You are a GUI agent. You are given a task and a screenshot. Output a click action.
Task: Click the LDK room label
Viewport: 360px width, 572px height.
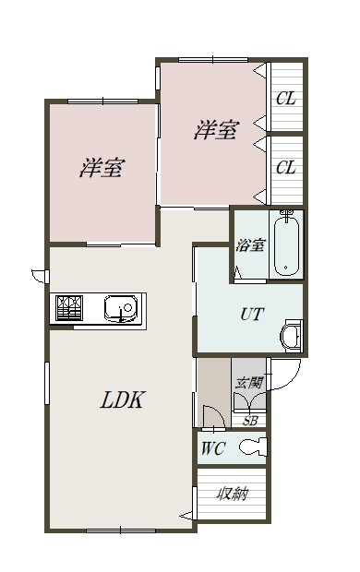coord(123,399)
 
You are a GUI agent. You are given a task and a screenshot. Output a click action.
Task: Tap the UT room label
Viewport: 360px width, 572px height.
coord(252,314)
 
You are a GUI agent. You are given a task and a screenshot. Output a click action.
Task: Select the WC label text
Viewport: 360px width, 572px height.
coord(213,448)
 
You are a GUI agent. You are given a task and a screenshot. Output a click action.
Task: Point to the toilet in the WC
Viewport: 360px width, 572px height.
coord(253,447)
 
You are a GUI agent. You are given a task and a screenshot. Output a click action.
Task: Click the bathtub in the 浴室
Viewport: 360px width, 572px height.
coord(286,245)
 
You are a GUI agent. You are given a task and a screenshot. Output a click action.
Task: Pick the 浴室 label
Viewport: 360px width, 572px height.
coord(250,244)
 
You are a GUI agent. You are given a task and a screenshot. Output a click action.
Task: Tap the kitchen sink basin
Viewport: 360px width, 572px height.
coord(121,308)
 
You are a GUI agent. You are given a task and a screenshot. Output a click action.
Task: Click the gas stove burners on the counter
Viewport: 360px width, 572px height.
coord(69,308)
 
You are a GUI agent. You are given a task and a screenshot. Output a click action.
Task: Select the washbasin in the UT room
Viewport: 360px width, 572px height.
coord(292,336)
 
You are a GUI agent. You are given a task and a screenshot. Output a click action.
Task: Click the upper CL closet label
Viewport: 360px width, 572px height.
coord(286,99)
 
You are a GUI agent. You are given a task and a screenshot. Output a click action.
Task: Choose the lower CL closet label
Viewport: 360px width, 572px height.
coord(286,168)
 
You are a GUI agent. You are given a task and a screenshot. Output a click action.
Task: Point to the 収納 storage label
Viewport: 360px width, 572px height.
coord(233,495)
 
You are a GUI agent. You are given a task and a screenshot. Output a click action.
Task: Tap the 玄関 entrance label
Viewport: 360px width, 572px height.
coord(249,383)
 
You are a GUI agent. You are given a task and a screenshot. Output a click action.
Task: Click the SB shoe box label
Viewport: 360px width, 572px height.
coord(250,421)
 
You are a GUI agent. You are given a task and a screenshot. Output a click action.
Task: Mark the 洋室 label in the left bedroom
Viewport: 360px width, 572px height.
coord(102,167)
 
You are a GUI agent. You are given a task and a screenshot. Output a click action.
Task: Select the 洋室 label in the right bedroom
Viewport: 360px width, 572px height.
coord(217,130)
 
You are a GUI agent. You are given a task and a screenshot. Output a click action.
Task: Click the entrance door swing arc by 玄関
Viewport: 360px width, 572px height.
coord(292,380)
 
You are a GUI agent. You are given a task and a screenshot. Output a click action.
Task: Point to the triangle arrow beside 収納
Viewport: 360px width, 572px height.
coord(186,516)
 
